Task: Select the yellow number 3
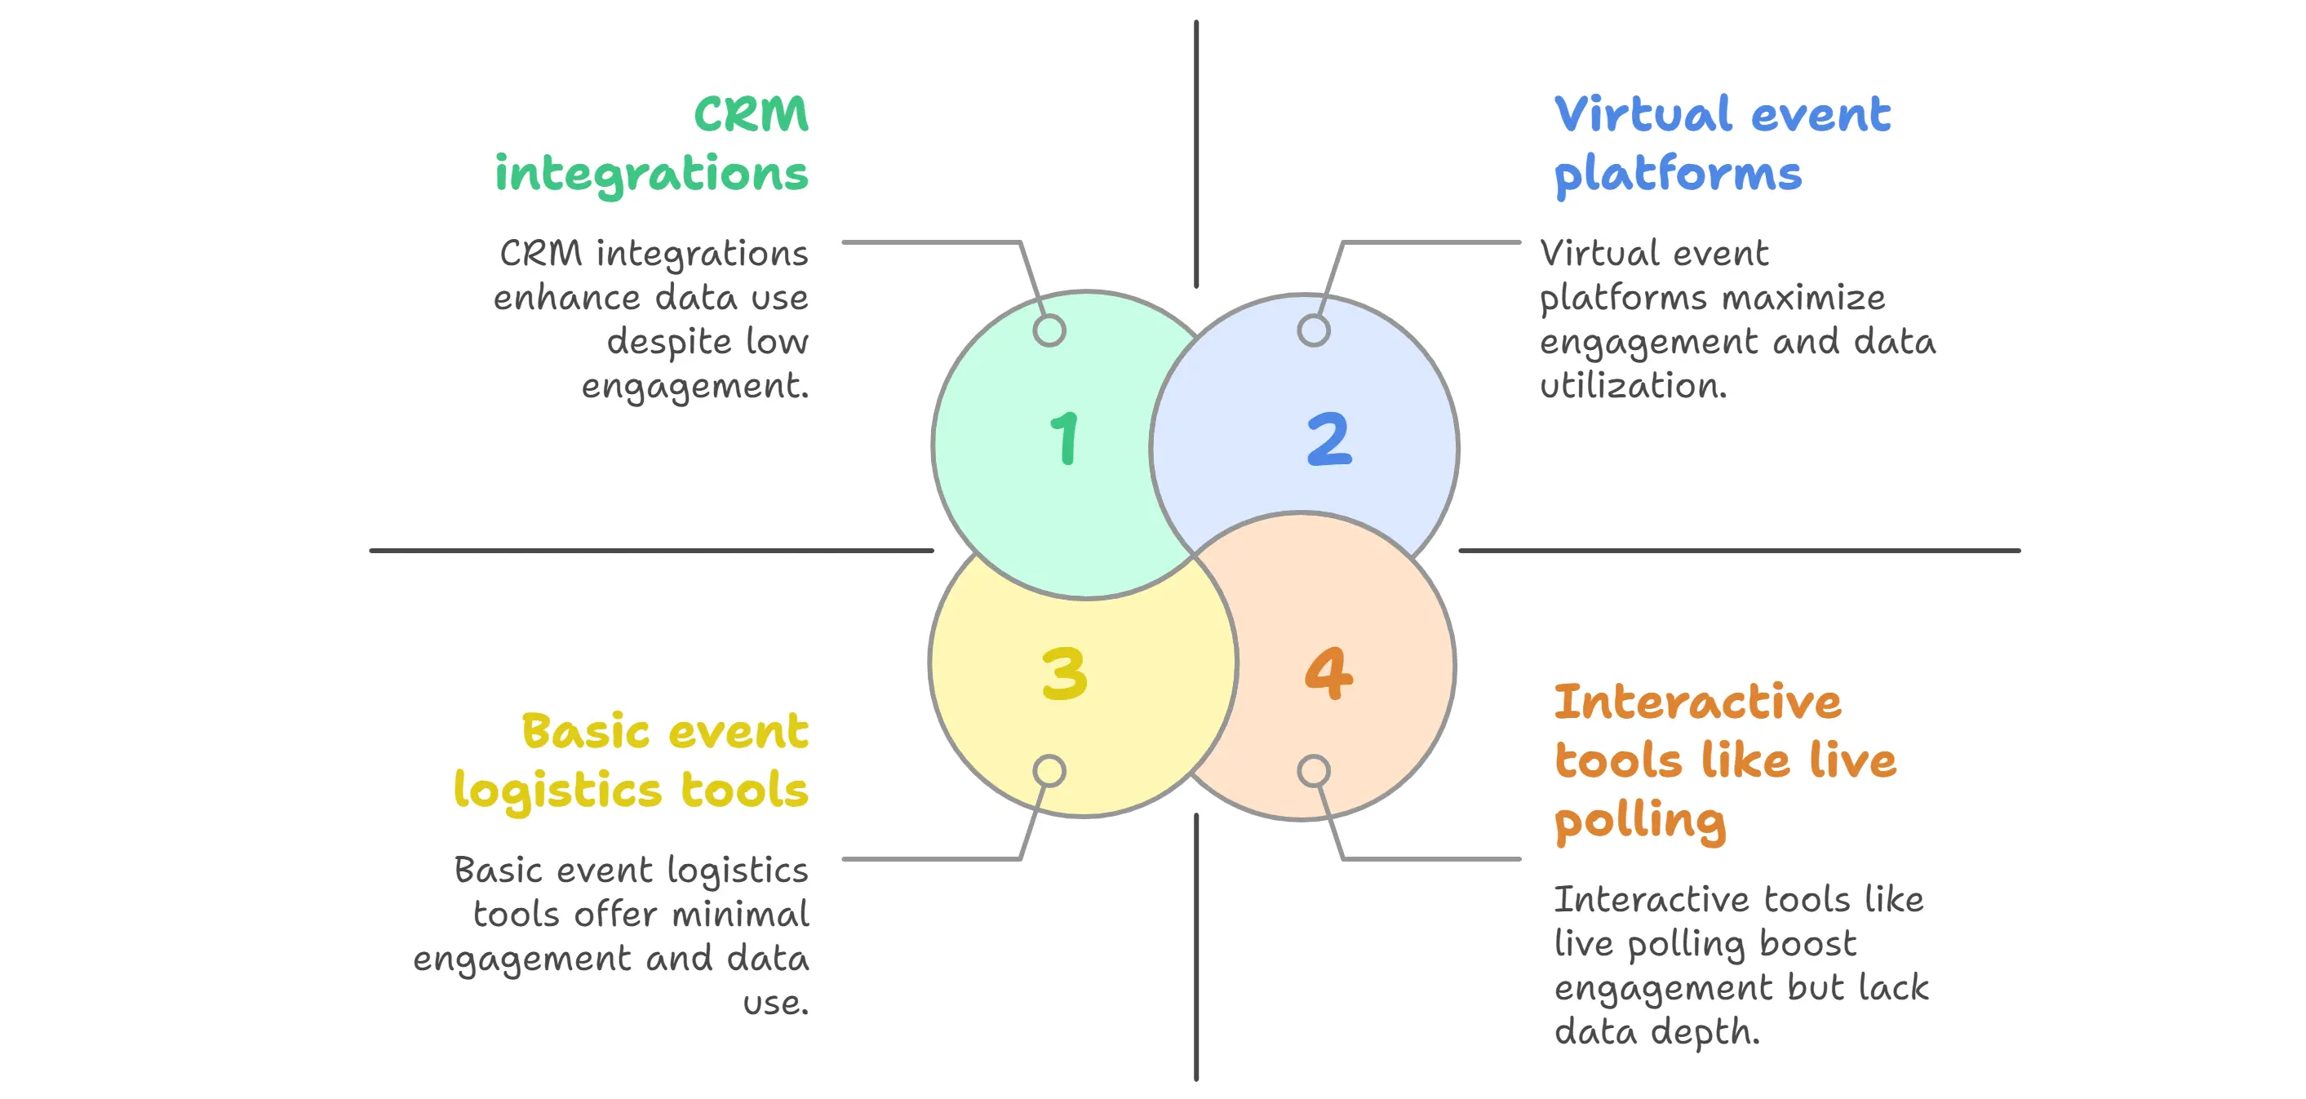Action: coord(1064,673)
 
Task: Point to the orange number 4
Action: coord(1329,673)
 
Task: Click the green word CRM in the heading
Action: coord(751,114)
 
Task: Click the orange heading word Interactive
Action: coord(1698,702)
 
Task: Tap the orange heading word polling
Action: coord(1640,822)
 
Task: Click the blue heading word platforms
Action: coord(1678,175)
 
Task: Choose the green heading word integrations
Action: coord(652,175)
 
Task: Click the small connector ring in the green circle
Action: coord(1049,330)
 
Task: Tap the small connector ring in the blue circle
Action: coord(1313,330)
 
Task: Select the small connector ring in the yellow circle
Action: coord(1049,770)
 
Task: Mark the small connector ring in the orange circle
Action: coord(1313,770)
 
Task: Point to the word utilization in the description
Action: coord(1633,386)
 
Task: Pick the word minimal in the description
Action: coord(740,914)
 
